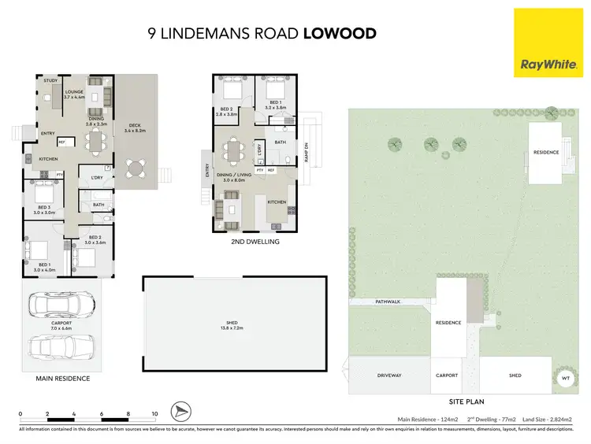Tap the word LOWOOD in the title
[x=340, y=34]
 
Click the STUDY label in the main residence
[x=51, y=80]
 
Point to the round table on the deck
[x=138, y=167]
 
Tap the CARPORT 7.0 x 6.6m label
[x=61, y=325]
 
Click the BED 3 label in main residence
[x=44, y=209]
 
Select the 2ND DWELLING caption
[x=255, y=242]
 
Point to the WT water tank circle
[x=564, y=379]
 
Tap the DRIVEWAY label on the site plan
[x=389, y=376]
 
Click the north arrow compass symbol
[x=181, y=412]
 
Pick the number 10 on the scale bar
[x=154, y=413]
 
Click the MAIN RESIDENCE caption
[x=63, y=379]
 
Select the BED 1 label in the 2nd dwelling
[x=276, y=102]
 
